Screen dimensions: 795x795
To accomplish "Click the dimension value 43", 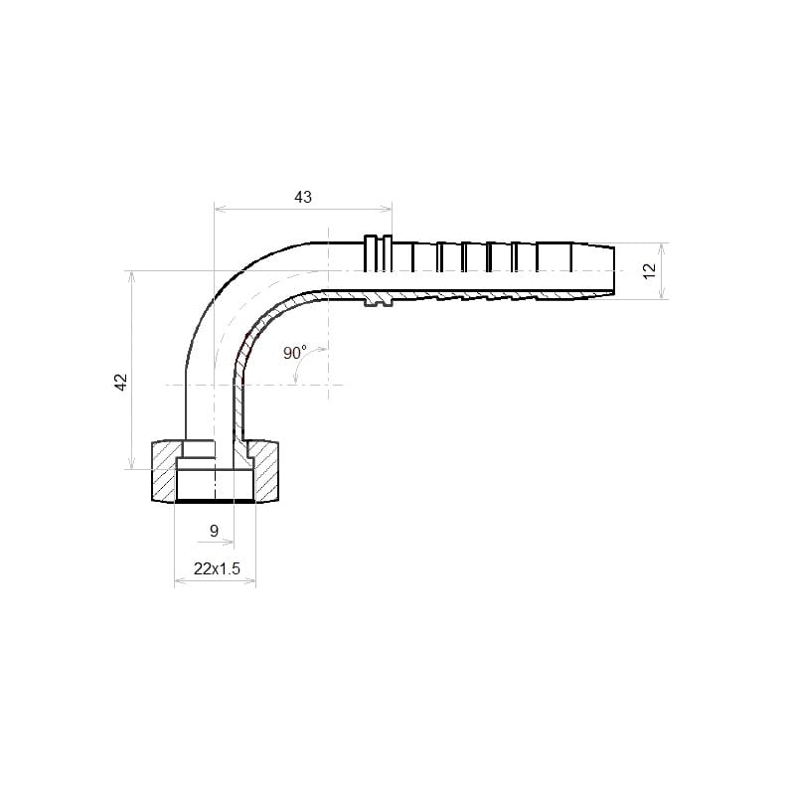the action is pos(303,197).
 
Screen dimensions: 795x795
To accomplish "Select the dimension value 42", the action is pos(121,382).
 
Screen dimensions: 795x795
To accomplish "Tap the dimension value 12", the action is pos(649,270).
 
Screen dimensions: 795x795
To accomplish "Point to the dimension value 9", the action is pos(214,531).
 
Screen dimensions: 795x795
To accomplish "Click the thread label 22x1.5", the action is pos(217,568).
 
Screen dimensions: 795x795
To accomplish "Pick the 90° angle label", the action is pos(294,353).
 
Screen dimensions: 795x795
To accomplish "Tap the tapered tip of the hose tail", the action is pos(593,270).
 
